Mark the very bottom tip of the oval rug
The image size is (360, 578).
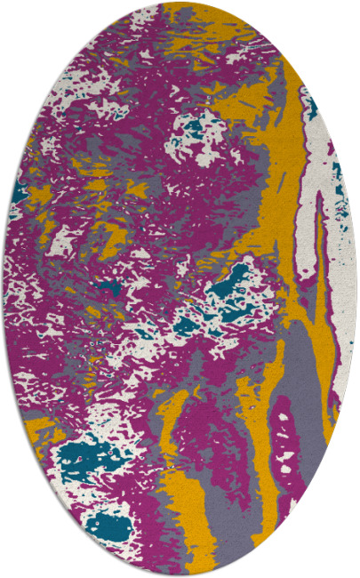[180, 575]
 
